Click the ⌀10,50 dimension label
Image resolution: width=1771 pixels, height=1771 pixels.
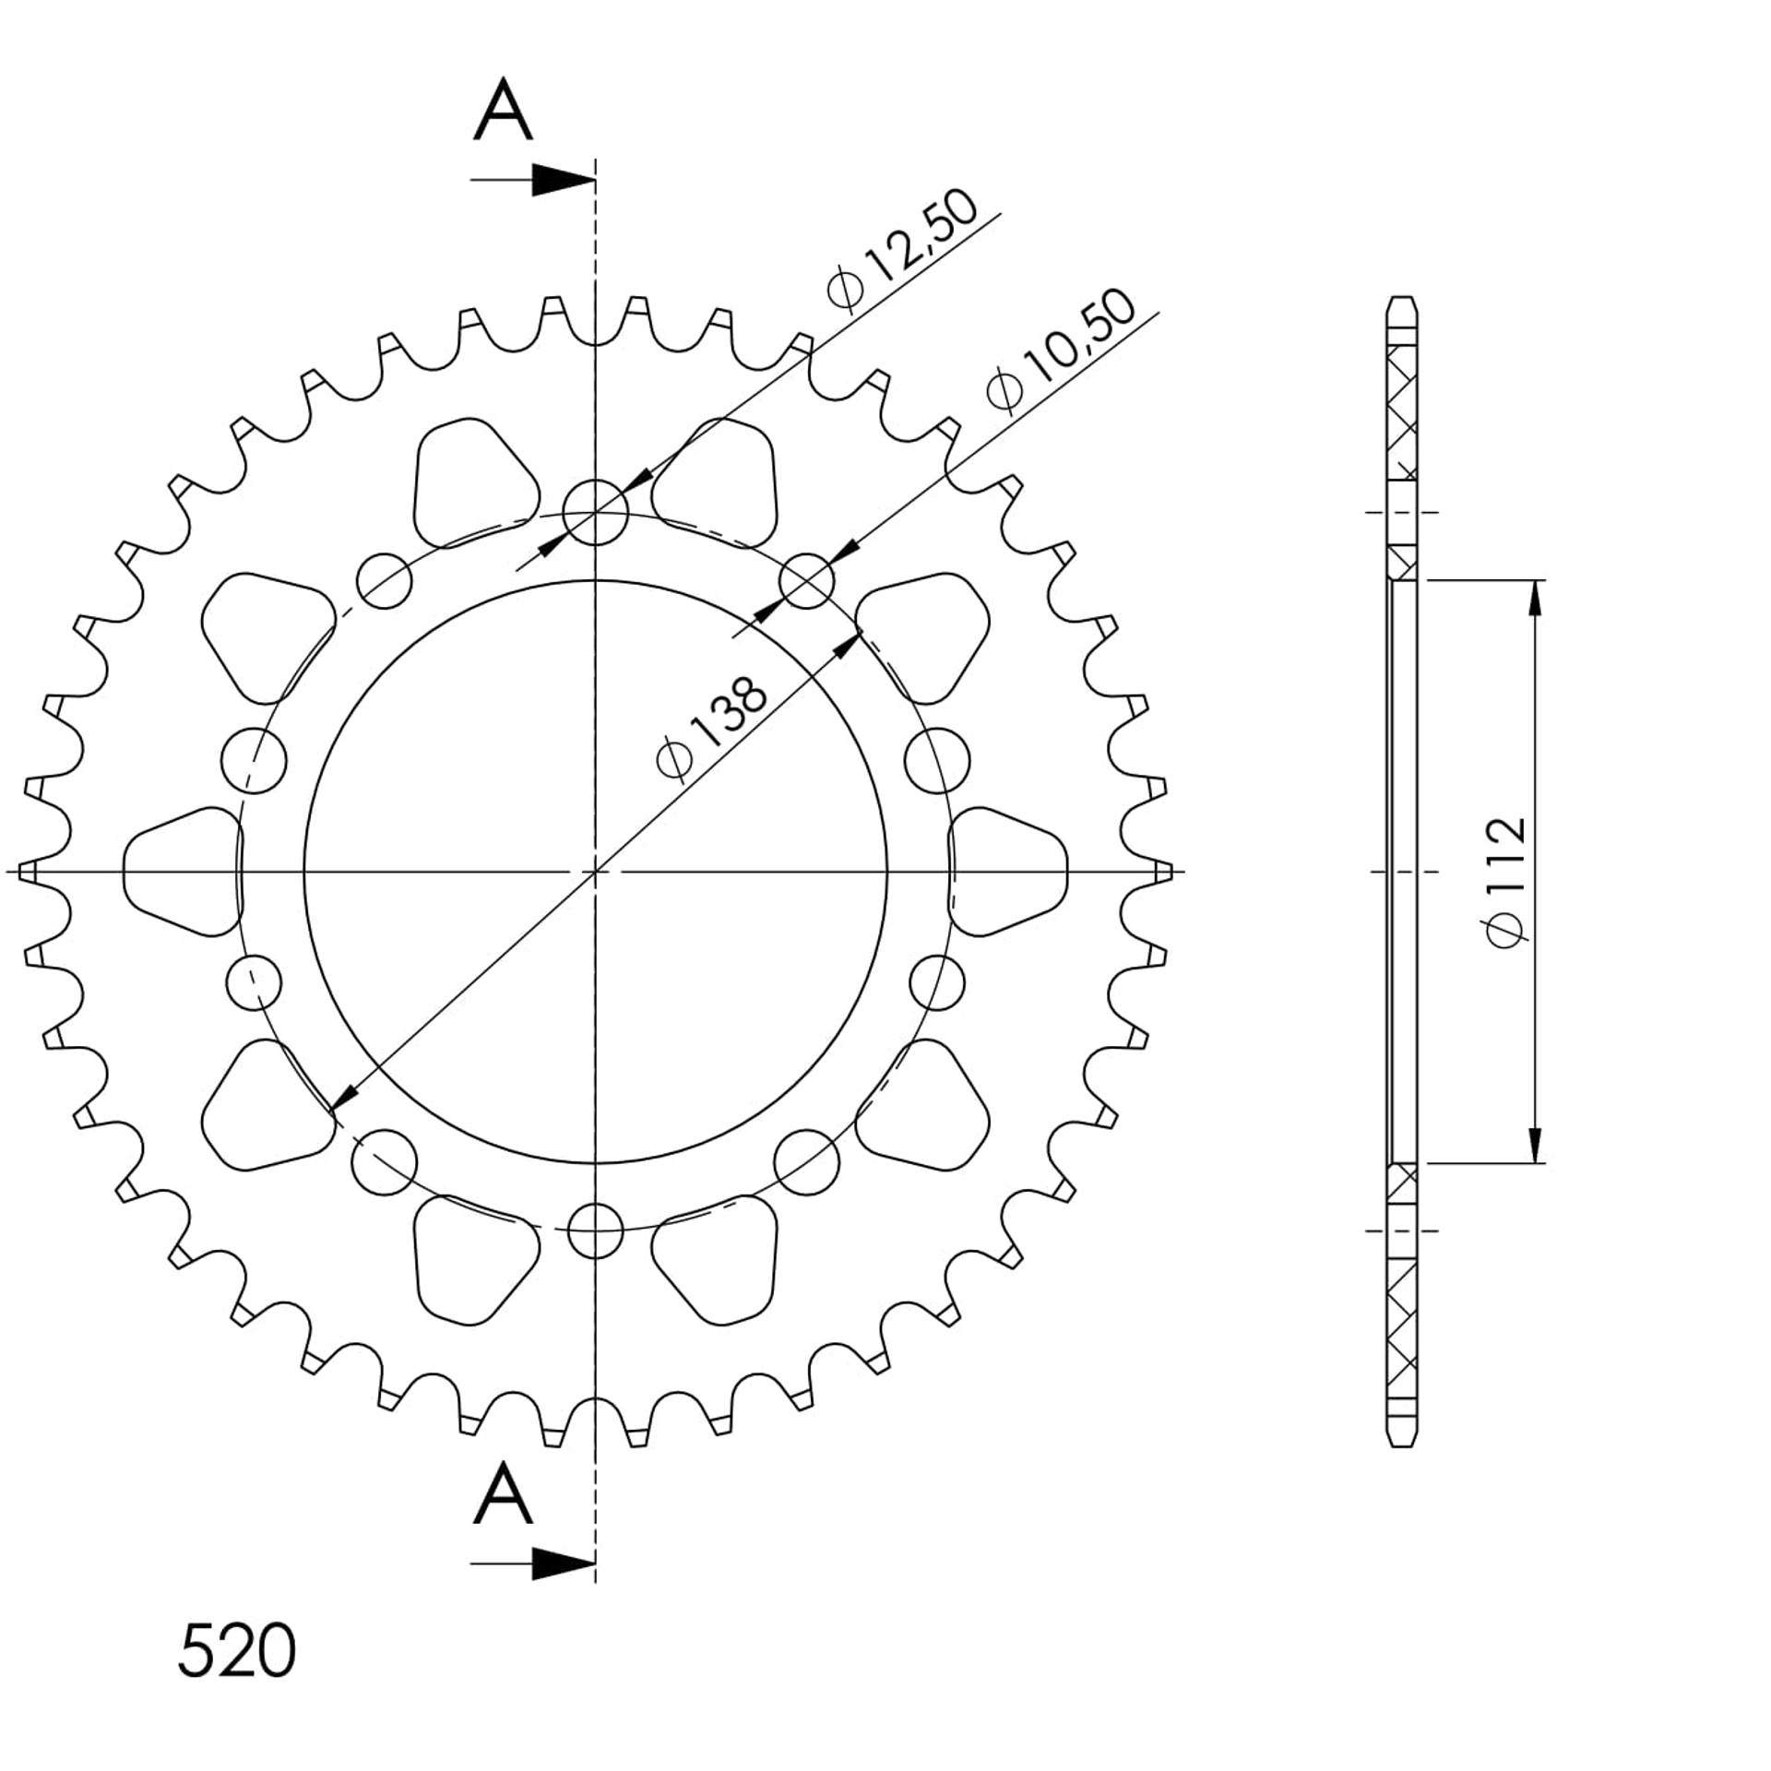(1061, 351)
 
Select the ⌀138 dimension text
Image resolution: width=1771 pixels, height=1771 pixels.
(712, 729)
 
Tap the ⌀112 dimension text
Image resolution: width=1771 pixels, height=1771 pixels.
(1505, 881)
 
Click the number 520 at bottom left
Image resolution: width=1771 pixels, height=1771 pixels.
(236, 1650)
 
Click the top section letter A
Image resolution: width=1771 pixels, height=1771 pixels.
(503, 110)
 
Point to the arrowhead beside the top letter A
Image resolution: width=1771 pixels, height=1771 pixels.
(563, 180)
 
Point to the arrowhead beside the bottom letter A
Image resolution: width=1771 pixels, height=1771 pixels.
(563, 1563)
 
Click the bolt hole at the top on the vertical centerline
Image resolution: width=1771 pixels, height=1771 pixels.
(595, 512)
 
